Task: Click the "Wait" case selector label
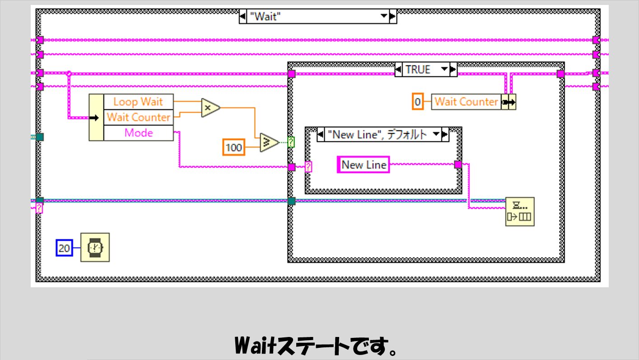pyautogui.click(x=312, y=17)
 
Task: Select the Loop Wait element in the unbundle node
pyautogui.click(x=138, y=102)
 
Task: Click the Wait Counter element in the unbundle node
pyautogui.click(x=138, y=117)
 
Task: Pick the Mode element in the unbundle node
pyautogui.click(x=138, y=133)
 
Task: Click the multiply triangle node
pyautogui.click(x=210, y=108)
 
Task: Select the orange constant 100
pyautogui.click(x=234, y=147)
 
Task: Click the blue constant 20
pyautogui.click(x=64, y=248)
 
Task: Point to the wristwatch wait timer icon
pyautogui.click(x=95, y=248)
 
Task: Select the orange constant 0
pyautogui.click(x=417, y=102)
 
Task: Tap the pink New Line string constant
pyautogui.click(x=364, y=165)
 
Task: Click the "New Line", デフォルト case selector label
pyautogui.click(x=379, y=135)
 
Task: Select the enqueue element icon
pyautogui.click(x=519, y=211)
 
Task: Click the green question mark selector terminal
pyautogui.click(x=291, y=143)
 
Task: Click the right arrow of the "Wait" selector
pyautogui.click(x=392, y=17)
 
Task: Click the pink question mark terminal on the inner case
pyautogui.click(x=308, y=167)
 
